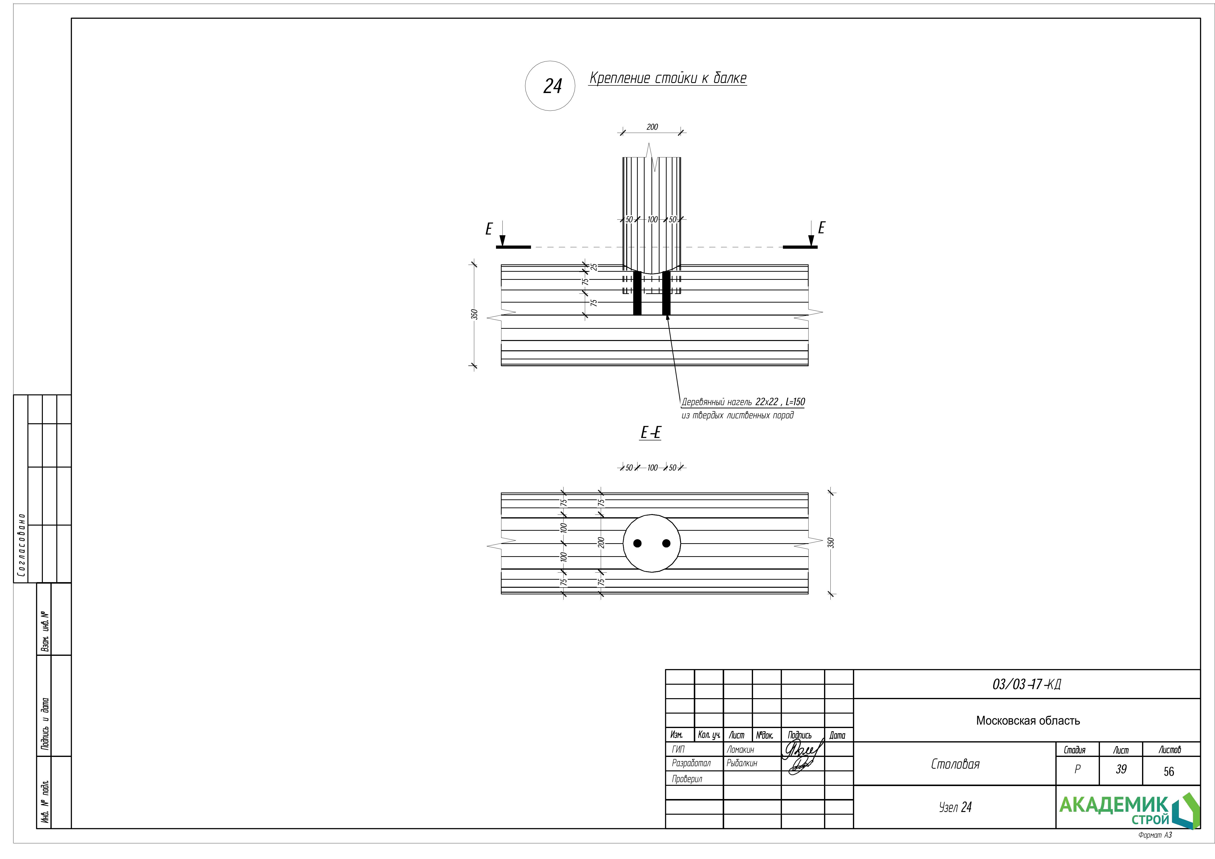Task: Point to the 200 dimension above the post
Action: tap(652, 127)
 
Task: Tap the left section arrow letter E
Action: tap(489, 229)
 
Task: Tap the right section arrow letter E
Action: tap(821, 228)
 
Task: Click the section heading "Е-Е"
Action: tap(650, 433)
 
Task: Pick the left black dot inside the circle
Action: tap(638, 543)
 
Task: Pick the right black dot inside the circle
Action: tap(666, 543)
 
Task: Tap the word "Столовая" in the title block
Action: tap(955, 764)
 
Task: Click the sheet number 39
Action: tap(1121, 770)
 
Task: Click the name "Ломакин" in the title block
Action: tap(740, 749)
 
